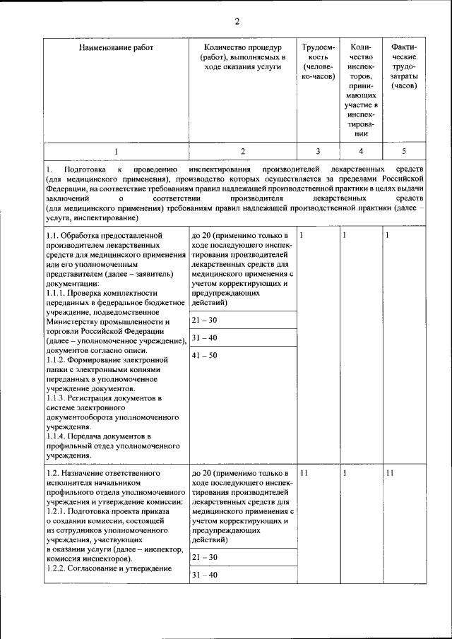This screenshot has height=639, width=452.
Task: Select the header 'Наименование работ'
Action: tap(116, 47)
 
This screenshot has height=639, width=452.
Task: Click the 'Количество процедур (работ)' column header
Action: tap(242, 56)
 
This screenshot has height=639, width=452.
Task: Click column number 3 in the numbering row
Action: tap(318, 151)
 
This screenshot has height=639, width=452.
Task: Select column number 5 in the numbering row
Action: tap(404, 151)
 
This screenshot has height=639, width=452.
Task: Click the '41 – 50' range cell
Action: tap(205, 355)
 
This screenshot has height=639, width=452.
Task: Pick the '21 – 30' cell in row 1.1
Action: tap(205, 321)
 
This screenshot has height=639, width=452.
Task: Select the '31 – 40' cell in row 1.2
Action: tap(205, 575)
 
